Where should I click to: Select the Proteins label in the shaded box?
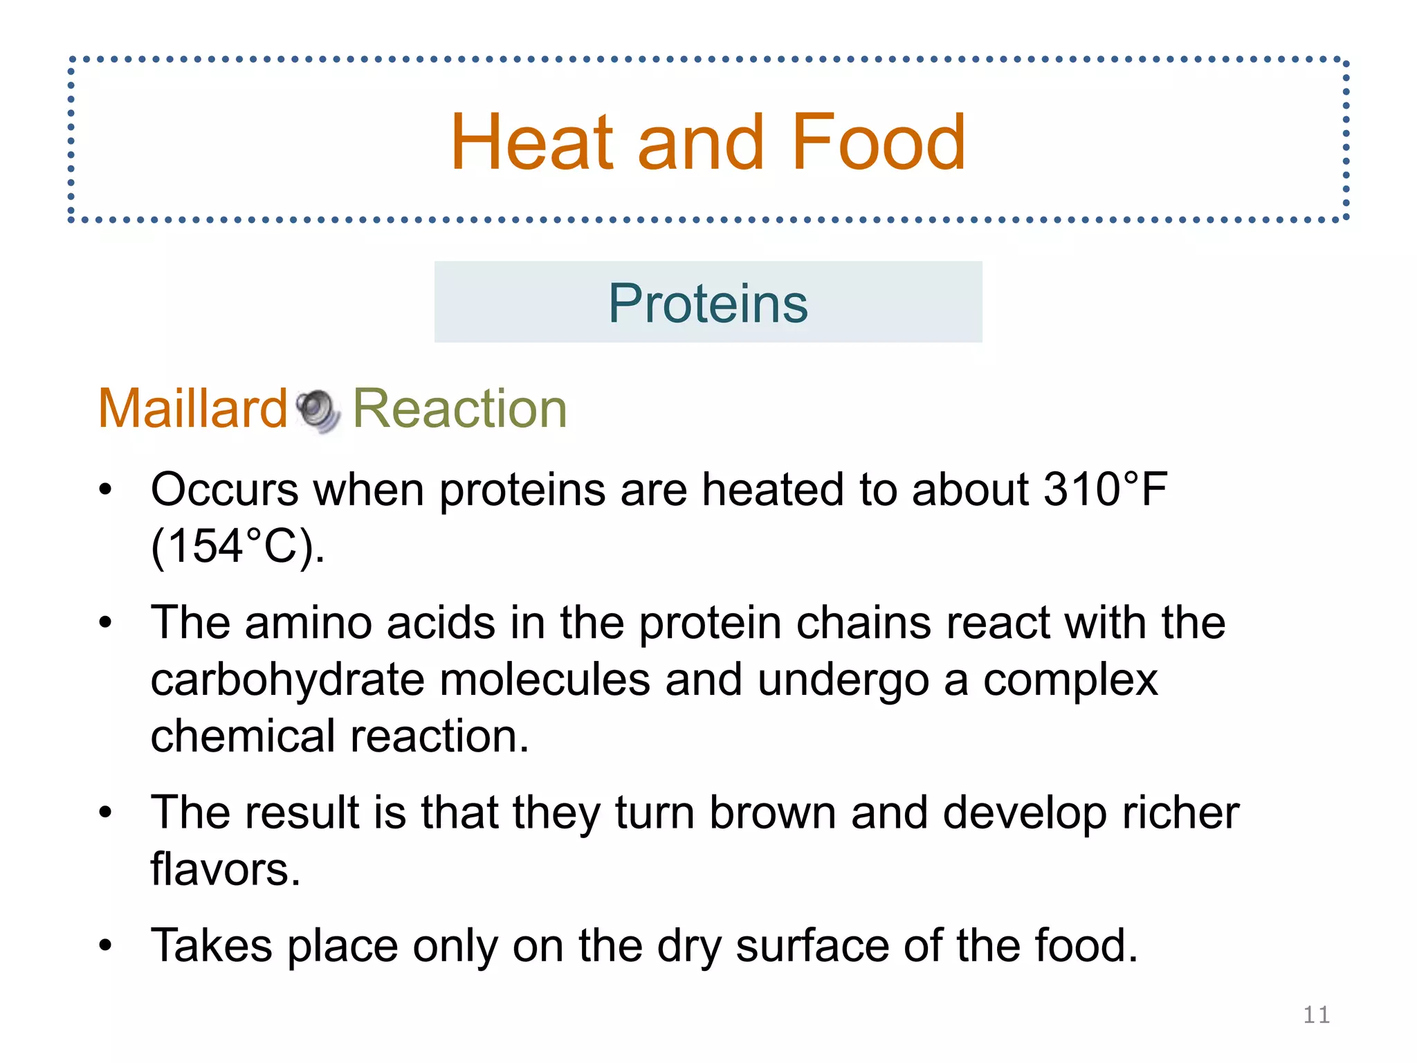click(708, 303)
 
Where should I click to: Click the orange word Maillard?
click(192, 408)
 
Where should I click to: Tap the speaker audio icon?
click(318, 410)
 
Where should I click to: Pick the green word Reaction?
click(459, 408)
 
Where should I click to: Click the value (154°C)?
click(237, 546)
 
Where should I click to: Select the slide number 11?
click(1316, 1015)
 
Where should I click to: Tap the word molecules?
click(545, 680)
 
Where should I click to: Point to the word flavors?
click(226, 869)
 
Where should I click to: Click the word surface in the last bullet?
click(812, 945)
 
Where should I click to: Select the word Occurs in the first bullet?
click(224, 490)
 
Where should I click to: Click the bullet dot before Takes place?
click(105, 945)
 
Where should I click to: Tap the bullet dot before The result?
click(105, 812)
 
